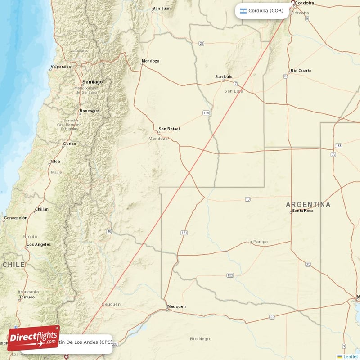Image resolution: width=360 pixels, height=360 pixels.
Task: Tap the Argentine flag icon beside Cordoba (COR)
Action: [243, 11]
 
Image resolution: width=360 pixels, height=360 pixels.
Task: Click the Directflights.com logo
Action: [34, 338]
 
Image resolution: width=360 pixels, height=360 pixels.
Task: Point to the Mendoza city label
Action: [150, 61]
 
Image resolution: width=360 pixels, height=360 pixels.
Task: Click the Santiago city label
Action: [92, 82]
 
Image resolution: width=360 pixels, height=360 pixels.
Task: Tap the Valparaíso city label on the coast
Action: [61, 67]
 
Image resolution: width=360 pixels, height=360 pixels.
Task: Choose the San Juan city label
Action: [162, 8]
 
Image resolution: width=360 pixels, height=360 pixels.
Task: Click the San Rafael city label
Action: [169, 129]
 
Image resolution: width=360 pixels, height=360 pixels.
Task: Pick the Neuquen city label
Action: [176, 306]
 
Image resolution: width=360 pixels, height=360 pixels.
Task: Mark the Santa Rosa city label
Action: [303, 211]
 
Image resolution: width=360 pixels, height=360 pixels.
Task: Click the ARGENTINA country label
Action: [308, 205]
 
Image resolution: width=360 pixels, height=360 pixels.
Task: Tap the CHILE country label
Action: [13, 265]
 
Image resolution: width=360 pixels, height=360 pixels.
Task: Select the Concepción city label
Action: [16, 218]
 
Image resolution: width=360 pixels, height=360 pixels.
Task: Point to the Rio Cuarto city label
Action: [301, 71]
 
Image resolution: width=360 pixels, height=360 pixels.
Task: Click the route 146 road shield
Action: [206, 112]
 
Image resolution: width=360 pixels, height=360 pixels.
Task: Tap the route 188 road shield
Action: [338, 146]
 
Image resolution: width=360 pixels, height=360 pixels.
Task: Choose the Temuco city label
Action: [27, 297]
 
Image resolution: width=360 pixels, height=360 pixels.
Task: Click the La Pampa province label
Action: [257, 242]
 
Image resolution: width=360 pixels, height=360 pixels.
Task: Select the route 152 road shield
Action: [230, 275]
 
